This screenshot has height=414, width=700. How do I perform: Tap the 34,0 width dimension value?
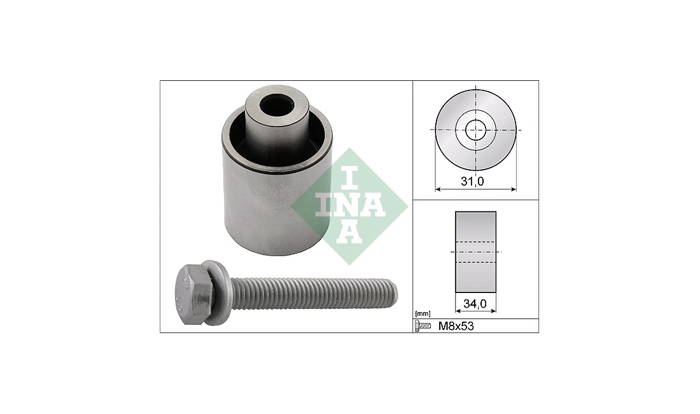475,304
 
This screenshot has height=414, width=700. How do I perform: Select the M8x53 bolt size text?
456,327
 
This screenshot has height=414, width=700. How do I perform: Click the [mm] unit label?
423,314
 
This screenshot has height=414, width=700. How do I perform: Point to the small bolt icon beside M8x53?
423,327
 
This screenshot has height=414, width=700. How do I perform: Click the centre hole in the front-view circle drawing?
475,131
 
